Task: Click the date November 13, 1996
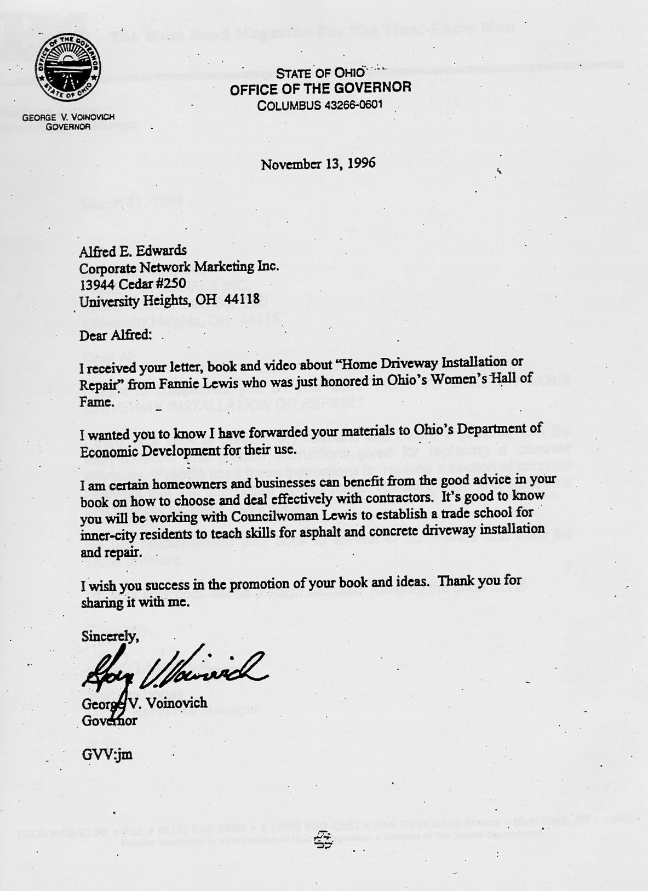(318, 164)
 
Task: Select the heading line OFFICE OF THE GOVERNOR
(320, 88)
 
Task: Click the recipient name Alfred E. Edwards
(133, 251)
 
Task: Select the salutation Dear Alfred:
(114, 335)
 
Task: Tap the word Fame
(97, 403)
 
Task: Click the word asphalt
(339, 532)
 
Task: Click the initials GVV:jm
(107, 755)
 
